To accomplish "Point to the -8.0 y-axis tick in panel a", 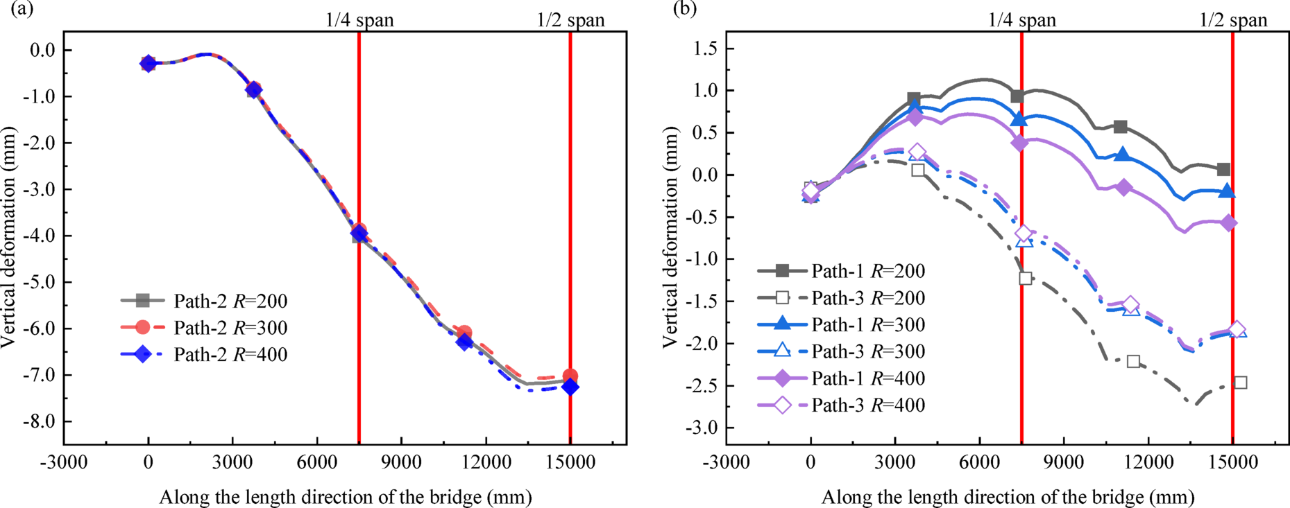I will [x=41, y=422].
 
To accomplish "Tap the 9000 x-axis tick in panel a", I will [x=401, y=462].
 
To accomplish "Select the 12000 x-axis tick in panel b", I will [x=1148, y=462].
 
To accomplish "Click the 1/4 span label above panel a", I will [x=359, y=20].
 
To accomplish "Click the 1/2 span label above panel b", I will [x=1233, y=20].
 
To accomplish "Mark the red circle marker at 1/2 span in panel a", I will [x=570, y=376].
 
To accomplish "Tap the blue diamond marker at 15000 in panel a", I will [x=570, y=387].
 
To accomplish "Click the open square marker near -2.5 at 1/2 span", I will [x=1241, y=383].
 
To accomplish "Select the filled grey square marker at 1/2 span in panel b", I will [x=1223, y=169].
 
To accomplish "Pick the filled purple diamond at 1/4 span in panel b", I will [x=1019, y=143].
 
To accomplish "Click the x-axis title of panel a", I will [x=346, y=498].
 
